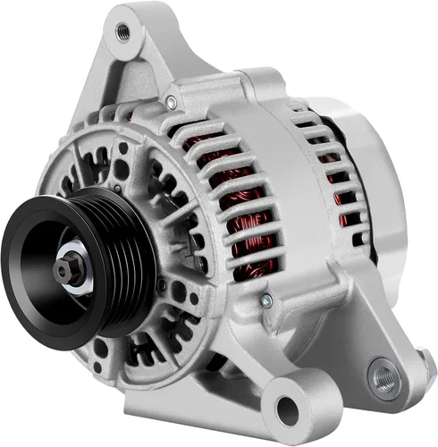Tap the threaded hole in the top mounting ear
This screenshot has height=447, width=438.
tap(122, 33)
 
